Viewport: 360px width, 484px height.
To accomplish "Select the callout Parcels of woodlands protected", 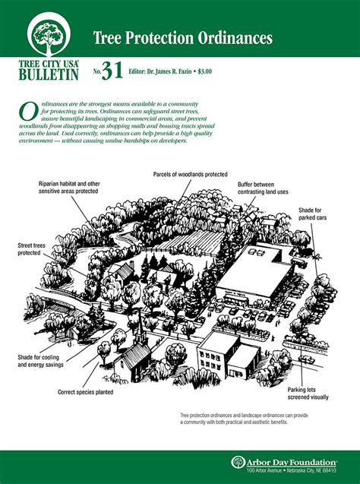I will [x=190, y=174].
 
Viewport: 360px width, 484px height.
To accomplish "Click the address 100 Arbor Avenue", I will [x=267, y=471].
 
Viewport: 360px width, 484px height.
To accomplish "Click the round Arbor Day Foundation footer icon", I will [x=238, y=462].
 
